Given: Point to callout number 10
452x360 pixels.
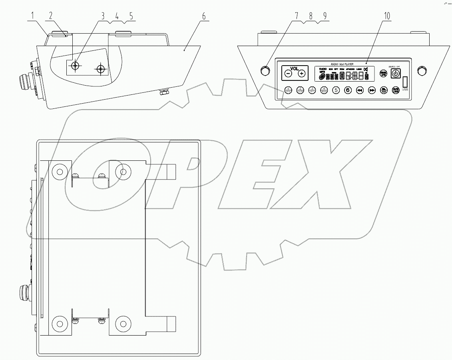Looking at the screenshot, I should [386, 16].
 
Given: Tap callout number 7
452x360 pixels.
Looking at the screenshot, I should [297, 16].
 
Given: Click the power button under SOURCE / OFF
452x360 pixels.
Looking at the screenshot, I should [395, 73].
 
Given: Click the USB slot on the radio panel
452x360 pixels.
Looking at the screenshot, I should [405, 82].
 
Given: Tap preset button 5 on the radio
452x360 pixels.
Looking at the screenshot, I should [336, 90].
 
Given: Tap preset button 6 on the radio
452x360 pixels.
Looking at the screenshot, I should [348, 90].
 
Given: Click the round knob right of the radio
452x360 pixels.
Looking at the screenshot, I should [421, 71].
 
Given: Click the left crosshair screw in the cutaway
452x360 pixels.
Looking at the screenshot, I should [75, 66].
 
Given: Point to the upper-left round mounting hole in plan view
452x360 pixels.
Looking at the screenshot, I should [60, 172].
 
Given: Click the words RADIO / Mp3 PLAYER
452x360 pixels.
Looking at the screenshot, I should [341, 64].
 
